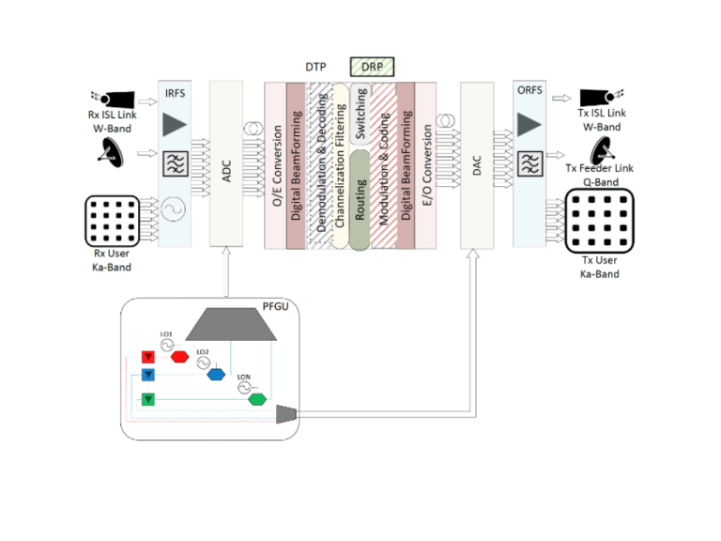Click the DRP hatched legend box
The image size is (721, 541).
point(372,67)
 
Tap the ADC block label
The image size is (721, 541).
point(226,164)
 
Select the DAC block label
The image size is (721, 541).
point(478,164)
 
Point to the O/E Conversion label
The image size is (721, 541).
point(276,164)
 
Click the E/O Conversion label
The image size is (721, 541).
point(427,164)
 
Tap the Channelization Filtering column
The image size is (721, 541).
point(341,164)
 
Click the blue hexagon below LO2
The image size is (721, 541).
point(216,375)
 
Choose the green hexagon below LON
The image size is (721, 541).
point(255,399)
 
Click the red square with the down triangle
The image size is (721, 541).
point(146,357)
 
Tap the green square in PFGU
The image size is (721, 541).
point(146,400)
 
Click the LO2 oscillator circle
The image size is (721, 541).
point(202,363)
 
